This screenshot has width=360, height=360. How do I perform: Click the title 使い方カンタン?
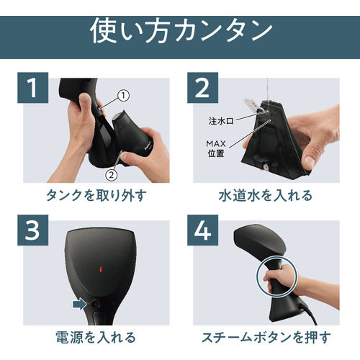181,31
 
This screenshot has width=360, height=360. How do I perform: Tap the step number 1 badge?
33,88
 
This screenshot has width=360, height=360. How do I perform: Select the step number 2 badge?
202,88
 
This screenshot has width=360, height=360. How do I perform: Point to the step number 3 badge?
33,230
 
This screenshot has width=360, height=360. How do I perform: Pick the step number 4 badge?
202,230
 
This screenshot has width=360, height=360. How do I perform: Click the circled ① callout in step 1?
123,96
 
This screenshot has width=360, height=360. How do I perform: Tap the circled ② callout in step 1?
112,175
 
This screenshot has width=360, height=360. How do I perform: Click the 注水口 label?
221,121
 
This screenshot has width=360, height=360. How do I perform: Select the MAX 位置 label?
216,148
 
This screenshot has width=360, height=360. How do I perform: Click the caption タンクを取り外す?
96,195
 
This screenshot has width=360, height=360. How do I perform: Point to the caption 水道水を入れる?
266,195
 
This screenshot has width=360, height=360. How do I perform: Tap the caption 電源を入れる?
96,338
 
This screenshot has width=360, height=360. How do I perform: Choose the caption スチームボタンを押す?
266,338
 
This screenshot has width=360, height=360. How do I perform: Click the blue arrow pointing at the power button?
79,305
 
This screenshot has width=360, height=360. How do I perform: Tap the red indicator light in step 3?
101,269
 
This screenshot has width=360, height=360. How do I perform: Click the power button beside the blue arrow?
96,305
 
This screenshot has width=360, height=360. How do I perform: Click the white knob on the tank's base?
266,167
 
